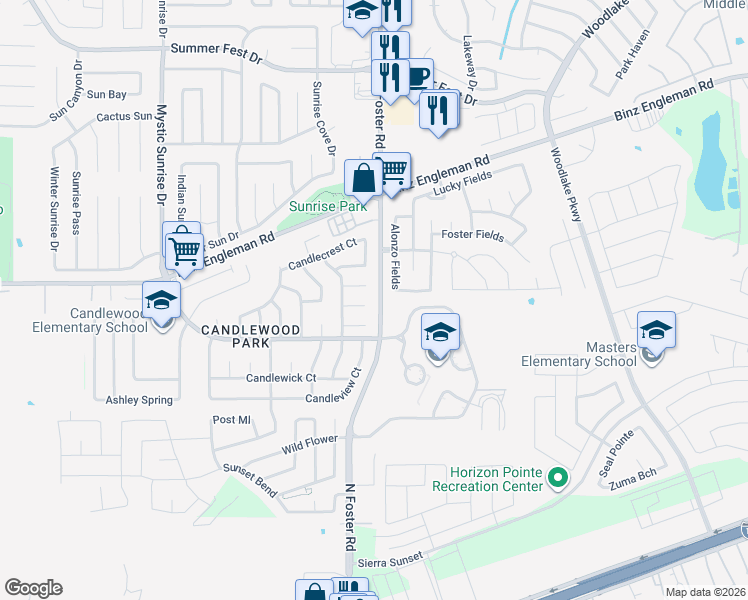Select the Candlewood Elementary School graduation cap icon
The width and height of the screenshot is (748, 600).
coord(160,299)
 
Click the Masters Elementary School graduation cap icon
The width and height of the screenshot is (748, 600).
coord(656,330)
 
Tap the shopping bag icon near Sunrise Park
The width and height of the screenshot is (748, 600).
coord(364,180)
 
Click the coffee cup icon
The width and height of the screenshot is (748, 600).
coord(417,75)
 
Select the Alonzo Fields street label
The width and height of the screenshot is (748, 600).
coord(395,257)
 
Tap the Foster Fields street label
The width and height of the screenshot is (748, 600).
coord(473,236)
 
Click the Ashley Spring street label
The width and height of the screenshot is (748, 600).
coord(139,400)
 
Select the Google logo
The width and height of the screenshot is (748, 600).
coord(33,588)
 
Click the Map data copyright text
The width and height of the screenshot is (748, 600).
coord(706,592)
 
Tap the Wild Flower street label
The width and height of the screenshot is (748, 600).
coord(309,443)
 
